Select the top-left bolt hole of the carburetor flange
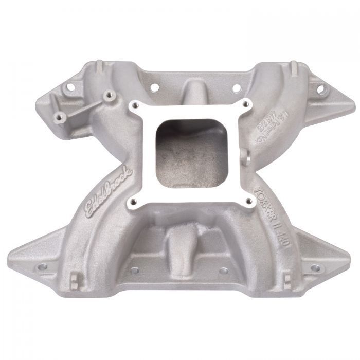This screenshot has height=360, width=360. (x=135, y=106)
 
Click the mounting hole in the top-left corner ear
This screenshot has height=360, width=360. (x=66, y=88)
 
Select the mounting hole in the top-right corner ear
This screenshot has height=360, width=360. (x=320, y=89)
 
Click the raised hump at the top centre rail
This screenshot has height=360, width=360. (x=195, y=91)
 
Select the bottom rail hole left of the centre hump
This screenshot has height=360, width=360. (x=135, y=269)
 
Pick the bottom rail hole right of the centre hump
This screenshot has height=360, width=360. (x=223, y=270)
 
